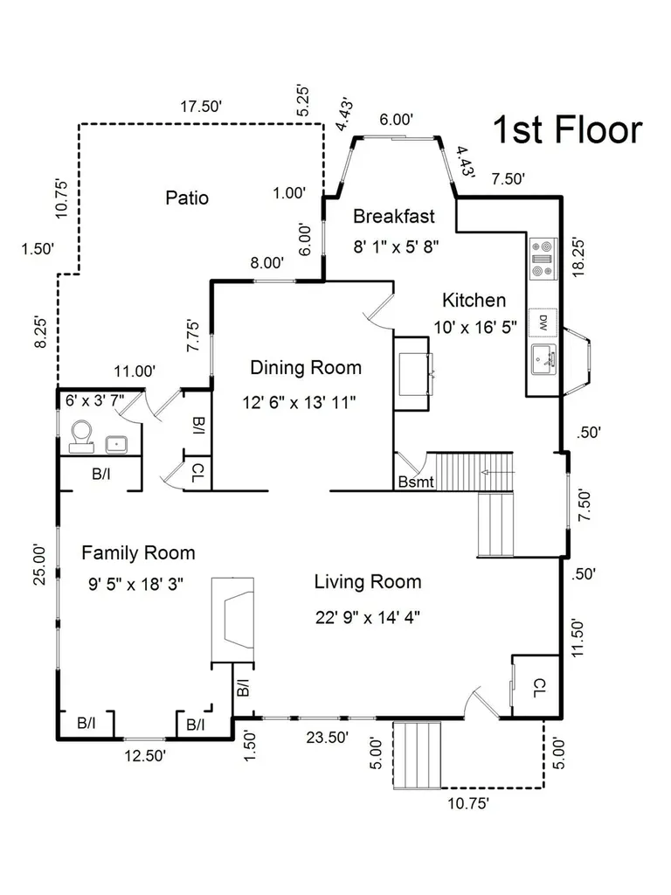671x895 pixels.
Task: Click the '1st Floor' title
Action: [568, 129]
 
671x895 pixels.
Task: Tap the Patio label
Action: [187, 198]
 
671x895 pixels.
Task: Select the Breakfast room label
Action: [394, 217]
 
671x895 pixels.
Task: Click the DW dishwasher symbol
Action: [543, 323]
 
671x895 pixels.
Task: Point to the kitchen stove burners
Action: [543, 259]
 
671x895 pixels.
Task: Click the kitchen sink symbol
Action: [543, 359]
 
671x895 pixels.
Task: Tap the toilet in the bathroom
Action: [81, 437]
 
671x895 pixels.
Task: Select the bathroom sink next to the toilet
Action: [116, 443]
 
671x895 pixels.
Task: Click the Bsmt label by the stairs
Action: [416, 482]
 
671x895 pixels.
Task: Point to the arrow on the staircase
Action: [497, 473]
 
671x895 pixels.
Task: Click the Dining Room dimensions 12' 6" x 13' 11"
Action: [299, 402]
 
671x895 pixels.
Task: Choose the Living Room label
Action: [368, 582]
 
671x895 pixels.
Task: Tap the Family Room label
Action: [138, 552]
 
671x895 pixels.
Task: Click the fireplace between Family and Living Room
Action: [232, 621]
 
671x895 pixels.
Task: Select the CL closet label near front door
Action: [539, 688]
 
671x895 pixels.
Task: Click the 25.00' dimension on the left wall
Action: [38, 565]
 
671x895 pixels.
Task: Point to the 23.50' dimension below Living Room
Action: [327, 738]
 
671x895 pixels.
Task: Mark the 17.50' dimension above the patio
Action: [201, 106]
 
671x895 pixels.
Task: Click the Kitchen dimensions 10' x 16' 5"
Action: [475, 328]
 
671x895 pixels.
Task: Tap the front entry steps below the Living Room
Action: [417, 755]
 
